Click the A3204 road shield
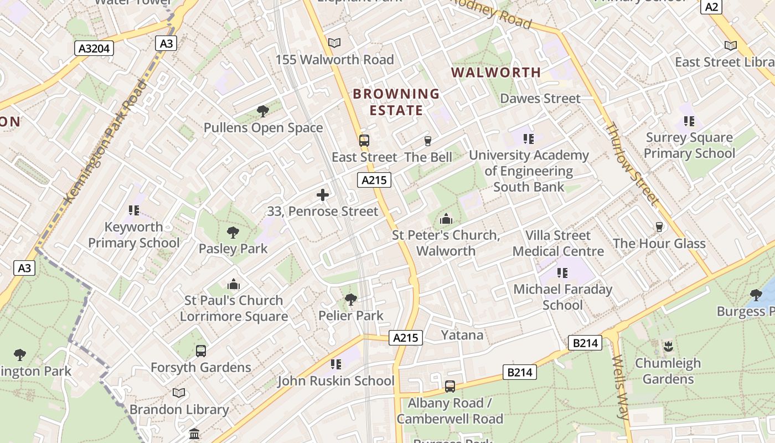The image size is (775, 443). click(94, 48)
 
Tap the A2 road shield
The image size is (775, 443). click(712, 7)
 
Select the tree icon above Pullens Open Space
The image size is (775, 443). click(263, 111)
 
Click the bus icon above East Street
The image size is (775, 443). click(364, 141)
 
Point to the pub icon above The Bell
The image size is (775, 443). click(427, 141)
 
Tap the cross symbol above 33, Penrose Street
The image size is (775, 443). click(323, 195)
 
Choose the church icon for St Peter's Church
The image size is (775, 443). click(446, 219)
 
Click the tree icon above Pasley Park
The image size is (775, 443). click(233, 233)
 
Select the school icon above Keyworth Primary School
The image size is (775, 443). click(133, 210)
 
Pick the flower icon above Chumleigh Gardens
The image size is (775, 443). click(668, 347)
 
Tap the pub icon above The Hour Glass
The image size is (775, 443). click(659, 227)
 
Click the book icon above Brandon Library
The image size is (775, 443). click(179, 393)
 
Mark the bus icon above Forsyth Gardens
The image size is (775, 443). click(201, 351)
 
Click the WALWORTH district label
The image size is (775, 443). click(496, 73)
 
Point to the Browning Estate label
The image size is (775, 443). click(396, 102)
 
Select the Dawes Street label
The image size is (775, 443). click(540, 99)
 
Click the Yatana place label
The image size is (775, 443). click(462, 335)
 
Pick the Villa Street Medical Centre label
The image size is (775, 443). click(558, 243)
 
